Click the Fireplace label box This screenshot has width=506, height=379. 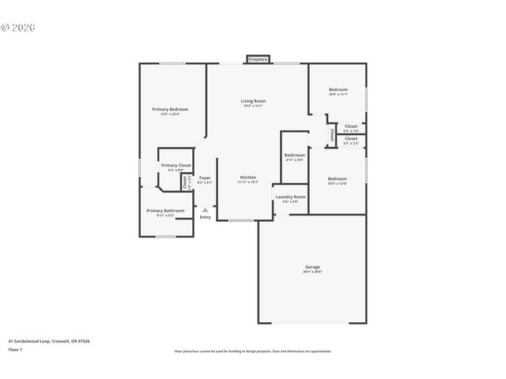258,59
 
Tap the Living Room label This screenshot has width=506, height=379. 253,101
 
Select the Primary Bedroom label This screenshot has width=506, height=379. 170,109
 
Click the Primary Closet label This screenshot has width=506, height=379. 176,165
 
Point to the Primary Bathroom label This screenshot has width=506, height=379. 165,210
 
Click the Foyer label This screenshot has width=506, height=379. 204,178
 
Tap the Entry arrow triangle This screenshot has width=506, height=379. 205,209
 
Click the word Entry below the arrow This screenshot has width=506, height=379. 205,217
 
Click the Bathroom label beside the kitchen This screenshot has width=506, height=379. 295,155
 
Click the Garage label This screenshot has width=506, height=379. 312,267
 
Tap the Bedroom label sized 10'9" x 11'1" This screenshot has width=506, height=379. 338,89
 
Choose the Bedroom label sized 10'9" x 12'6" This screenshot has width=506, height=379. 337,178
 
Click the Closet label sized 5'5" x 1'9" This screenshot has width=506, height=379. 350,126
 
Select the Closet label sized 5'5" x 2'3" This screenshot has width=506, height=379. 350,139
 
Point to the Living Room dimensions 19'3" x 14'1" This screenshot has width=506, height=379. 253,107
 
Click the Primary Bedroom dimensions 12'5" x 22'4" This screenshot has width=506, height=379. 170,114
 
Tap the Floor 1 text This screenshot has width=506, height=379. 15,349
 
